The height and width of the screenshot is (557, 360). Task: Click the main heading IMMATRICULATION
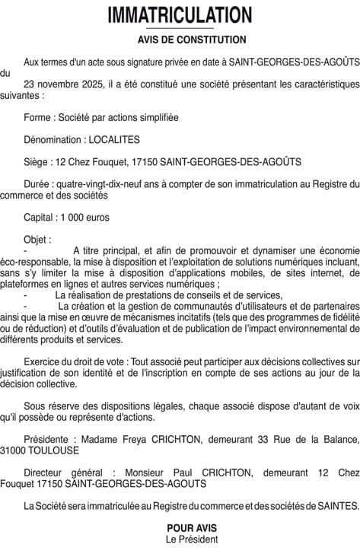tap(180, 15)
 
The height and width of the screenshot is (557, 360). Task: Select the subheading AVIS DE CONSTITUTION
tap(180, 40)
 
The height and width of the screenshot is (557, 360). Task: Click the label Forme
tap(37, 118)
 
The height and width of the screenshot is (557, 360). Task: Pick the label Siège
tap(37, 161)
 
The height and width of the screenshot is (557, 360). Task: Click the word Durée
tap(38, 184)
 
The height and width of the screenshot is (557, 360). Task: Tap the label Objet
tap(37, 240)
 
